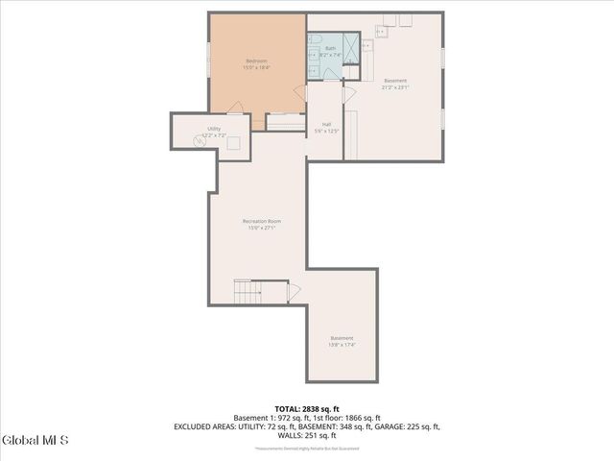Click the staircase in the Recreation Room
pos(248,292)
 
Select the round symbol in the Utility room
pos(197,137)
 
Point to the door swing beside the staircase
pos(294,292)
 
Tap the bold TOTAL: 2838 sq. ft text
pos(306,408)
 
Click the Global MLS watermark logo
pos(35,441)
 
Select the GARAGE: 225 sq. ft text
pos(399,426)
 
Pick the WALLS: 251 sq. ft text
pos(306,435)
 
